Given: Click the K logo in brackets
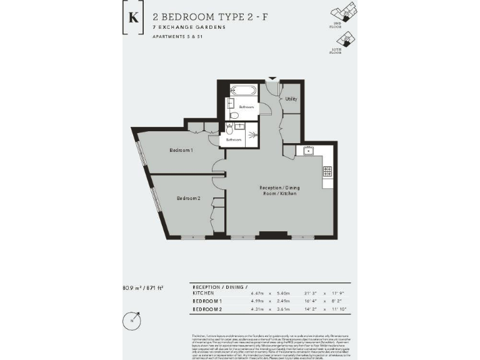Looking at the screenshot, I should click(132, 16).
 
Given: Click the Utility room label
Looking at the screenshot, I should click(291, 99).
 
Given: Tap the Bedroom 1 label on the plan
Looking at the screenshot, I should click(181, 151).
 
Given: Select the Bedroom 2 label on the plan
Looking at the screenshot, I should click(188, 198).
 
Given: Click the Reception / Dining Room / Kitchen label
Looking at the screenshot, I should click(278, 190).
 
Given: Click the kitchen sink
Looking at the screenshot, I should click(307, 151).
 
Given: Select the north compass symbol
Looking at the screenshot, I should click(132, 319).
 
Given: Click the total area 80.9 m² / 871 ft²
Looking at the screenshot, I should click(143, 287).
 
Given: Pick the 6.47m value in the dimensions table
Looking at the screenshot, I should click(259, 292).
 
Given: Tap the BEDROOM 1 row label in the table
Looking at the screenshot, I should click(207, 301).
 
